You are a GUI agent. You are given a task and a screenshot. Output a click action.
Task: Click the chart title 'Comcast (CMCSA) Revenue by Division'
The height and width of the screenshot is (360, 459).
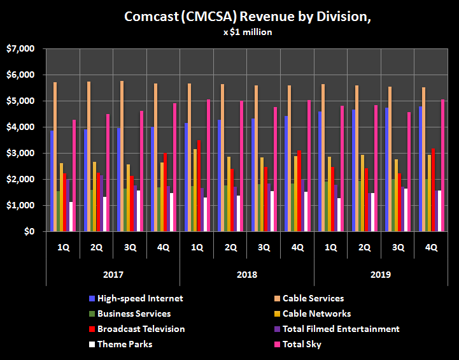[248, 17]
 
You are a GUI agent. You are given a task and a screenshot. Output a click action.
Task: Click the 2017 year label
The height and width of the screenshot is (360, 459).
[113, 275]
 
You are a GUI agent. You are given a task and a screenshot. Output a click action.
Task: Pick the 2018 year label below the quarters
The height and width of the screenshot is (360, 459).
[246, 275]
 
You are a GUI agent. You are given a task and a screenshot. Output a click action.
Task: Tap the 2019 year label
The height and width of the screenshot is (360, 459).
[380, 275]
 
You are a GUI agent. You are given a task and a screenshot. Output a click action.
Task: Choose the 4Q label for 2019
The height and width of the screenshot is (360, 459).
[430, 247]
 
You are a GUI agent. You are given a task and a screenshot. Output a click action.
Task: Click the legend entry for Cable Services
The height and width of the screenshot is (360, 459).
[313, 298]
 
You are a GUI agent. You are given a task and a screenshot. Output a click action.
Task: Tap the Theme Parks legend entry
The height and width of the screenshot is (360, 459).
[125, 344]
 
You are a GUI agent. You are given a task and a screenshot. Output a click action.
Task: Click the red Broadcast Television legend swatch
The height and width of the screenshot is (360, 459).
[92, 329]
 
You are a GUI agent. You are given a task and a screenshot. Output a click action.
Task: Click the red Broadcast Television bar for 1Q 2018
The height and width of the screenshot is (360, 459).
[199, 185]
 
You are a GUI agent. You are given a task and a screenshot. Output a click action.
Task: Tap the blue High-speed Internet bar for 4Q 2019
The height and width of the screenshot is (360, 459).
[421, 169]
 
